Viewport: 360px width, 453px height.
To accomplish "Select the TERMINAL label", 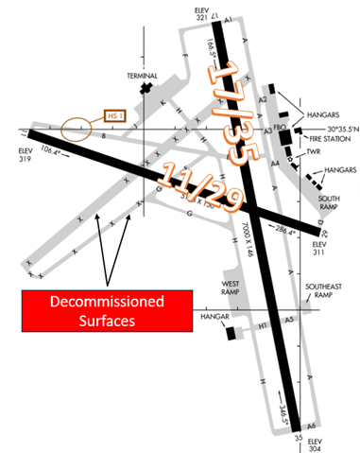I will coord(146,75).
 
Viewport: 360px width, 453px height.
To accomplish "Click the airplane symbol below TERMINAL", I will coord(146,88).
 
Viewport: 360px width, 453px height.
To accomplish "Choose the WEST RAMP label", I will coord(235,287).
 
